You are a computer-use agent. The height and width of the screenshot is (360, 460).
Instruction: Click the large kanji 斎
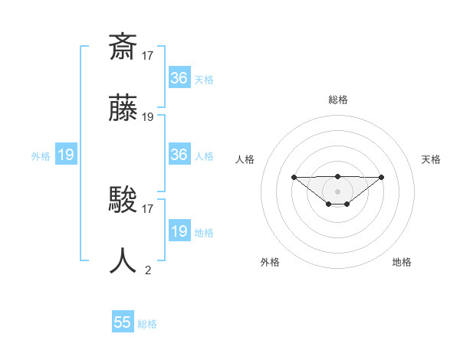tap(123, 47)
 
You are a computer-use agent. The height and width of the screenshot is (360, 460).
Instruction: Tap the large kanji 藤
tap(123, 110)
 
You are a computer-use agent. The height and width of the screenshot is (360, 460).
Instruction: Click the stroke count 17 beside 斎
tap(148, 55)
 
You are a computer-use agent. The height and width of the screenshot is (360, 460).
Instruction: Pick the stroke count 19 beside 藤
tap(148, 117)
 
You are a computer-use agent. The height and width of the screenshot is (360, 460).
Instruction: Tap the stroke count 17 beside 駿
tap(148, 208)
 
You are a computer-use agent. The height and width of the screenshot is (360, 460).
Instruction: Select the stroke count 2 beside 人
tap(148, 270)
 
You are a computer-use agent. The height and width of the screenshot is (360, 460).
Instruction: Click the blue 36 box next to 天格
tap(179, 78)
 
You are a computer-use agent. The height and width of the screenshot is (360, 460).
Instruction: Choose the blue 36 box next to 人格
tap(179, 155)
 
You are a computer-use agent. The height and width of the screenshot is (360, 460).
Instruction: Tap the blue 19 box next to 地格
tap(179, 231)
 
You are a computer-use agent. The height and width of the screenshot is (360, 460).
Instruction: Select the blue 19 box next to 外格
tap(65, 155)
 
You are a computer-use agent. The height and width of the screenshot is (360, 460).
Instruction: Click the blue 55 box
tap(123, 322)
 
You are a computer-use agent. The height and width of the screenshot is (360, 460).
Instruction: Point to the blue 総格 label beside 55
tap(147, 324)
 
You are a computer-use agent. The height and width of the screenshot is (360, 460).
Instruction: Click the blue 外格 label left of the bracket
tap(41, 156)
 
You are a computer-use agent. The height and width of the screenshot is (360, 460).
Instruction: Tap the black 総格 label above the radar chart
tap(337, 100)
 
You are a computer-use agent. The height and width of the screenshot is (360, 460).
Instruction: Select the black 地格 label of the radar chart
tap(402, 262)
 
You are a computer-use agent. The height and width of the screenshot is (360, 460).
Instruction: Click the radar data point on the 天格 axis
tap(382, 177)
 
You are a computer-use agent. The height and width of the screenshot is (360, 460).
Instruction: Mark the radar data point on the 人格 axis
tap(294, 177)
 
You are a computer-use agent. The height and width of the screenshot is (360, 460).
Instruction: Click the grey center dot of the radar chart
tap(337, 191)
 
